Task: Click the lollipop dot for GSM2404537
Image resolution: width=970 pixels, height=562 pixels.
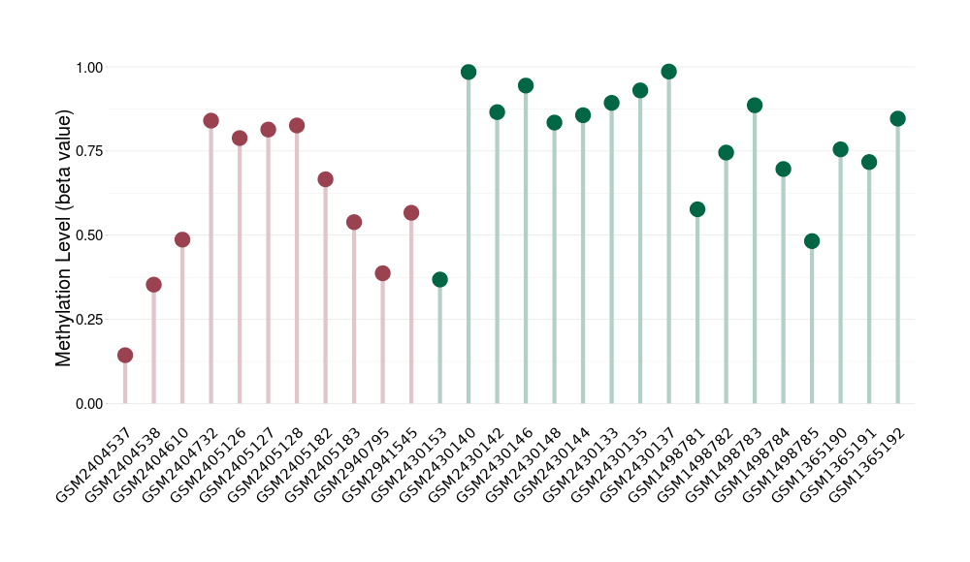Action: click(x=125, y=356)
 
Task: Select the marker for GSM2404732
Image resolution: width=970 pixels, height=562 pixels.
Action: click(x=210, y=121)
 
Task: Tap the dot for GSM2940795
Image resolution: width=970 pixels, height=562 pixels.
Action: click(x=382, y=273)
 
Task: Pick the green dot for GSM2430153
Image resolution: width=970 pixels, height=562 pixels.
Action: click(x=439, y=280)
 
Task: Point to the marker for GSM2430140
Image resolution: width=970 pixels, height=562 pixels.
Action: click(x=469, y=72)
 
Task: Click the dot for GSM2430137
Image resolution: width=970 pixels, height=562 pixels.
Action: click(x=668, y=72)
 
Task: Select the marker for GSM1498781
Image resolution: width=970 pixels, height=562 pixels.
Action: click(x=697, y=209)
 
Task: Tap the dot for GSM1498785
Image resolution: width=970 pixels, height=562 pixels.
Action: click(x=812, y=241)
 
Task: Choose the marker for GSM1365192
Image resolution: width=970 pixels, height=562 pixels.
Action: click(x=897, y=119)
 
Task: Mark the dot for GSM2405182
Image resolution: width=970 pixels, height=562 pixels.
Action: click(x=325, y=179)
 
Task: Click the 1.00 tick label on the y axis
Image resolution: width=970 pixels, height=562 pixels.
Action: click(x=88, y=67)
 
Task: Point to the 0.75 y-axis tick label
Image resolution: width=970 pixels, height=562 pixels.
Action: click(x=88, y=151)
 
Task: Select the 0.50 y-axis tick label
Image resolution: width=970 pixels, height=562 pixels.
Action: click(x=88, y=235)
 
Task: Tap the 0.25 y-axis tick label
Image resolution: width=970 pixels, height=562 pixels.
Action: click(x=88, y=320)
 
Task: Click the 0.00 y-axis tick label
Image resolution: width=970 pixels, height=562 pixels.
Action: click(x=88, y=403)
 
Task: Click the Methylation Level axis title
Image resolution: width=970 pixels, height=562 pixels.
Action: click(x=64, y=237)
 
